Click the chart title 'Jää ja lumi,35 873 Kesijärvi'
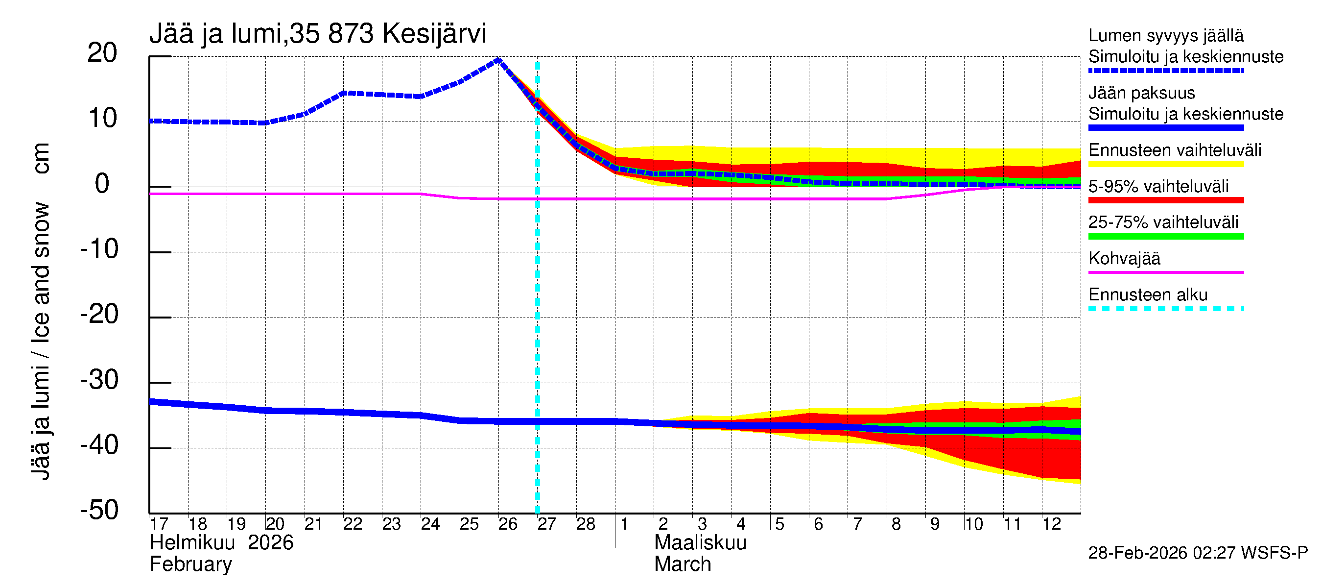click(317, 34)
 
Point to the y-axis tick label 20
click(102, 53)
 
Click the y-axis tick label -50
click(99, 510)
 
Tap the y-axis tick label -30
click(99, 380)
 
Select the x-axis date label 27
click(546, 524)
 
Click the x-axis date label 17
click(159, 524)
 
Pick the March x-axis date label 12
click(1051, 524)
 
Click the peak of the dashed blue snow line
click(498, 60)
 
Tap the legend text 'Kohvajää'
click(1124, 258)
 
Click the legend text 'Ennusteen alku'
click(1148, 295)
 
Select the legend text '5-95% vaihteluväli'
click(1158, 186)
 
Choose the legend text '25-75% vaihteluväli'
click(1163, 222)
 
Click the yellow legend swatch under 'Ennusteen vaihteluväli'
click(1165, 164)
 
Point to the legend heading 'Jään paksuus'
click(1141, 93)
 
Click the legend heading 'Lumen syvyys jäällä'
click(1165, 35)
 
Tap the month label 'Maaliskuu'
click(700, 542)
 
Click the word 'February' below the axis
click(190, 564)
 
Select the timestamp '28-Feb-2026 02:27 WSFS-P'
click(1198, 553)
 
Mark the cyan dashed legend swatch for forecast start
click(1165, 309)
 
